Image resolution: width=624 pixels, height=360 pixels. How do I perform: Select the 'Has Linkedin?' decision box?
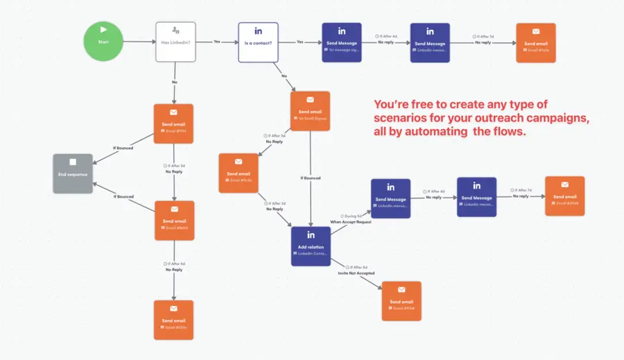175,42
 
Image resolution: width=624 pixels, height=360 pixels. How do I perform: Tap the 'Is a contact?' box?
258,42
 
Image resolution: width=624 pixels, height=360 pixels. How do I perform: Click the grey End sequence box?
73,173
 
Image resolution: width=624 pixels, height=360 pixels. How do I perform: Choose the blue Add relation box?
311,246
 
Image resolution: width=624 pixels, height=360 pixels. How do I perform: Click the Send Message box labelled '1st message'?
342,42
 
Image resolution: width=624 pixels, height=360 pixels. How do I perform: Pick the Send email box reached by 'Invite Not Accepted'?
401,300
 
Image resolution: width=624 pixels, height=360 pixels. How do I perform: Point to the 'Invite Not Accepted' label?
356,273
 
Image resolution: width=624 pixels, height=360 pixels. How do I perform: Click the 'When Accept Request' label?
351,221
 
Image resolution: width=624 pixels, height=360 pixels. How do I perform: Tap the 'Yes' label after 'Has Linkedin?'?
217,42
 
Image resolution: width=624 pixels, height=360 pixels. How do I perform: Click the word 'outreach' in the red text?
487,118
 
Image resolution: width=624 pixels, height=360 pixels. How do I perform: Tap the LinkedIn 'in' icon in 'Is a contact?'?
258,31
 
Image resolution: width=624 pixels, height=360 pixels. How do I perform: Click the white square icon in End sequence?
73,163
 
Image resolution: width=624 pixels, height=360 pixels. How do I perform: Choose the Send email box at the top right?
535,42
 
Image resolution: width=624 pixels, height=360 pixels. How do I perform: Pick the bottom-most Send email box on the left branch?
174,319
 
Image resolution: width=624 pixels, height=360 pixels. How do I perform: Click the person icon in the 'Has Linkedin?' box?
175,31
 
